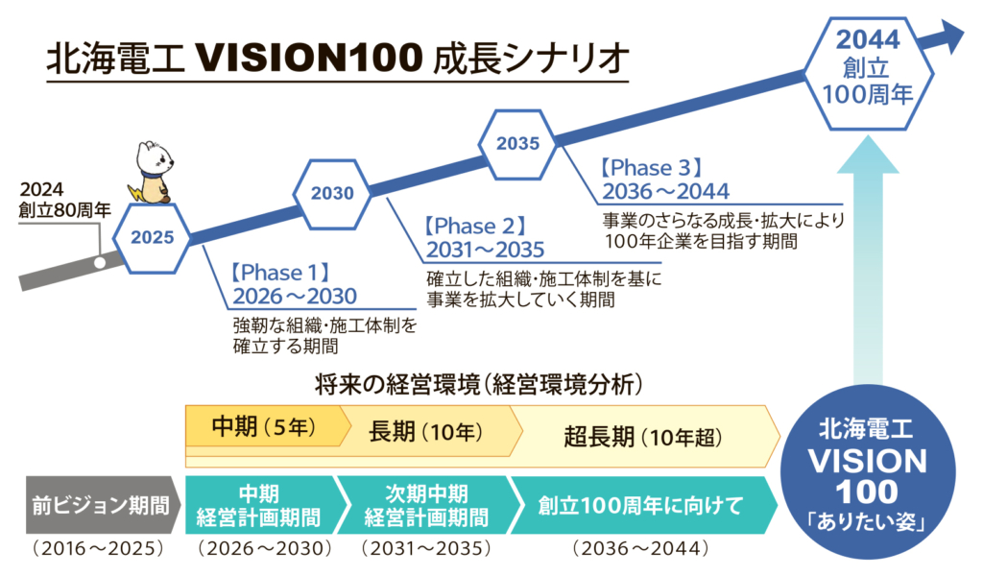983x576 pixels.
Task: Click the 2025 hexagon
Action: tap(153, 237)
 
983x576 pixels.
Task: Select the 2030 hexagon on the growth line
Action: tap(332, 192)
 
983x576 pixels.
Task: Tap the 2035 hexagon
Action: tap(517, 144)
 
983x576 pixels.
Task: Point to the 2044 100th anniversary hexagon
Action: tap(868, 67)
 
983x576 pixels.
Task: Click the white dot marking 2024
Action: tap(99, 260)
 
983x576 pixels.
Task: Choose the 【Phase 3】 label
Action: tap(653, 166)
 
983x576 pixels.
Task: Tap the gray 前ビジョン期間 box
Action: tap(99, 505)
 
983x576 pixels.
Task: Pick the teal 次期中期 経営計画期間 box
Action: tap(426, 505)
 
